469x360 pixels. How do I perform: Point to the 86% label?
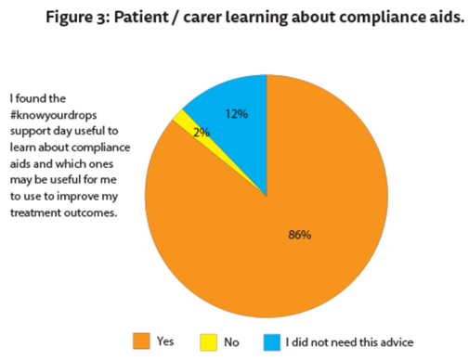click(x=298, y=235)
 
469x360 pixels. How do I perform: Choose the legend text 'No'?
click(x=230, y=341)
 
